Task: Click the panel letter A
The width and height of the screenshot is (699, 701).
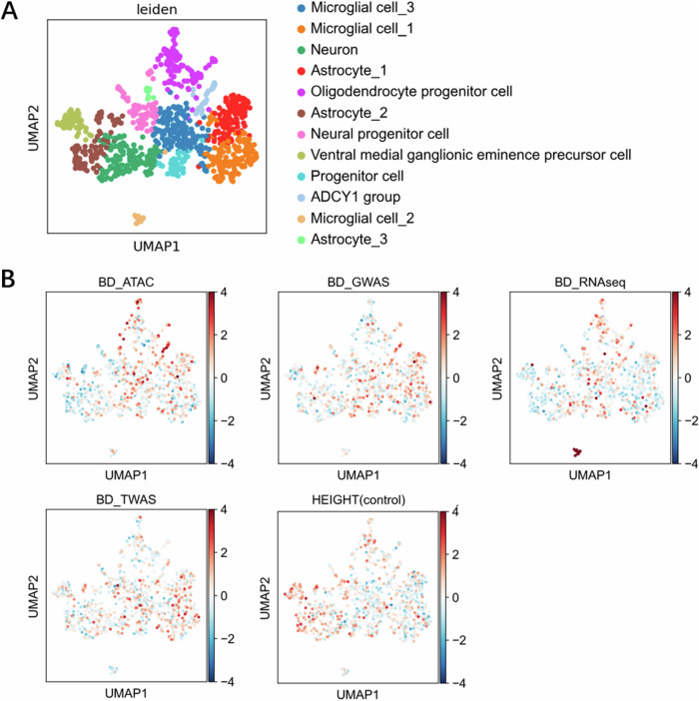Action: tap(13, 13)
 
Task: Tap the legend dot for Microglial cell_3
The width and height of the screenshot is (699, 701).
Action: tap(304, 12)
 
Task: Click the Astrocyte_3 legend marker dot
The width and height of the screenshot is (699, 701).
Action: tap(304, 240)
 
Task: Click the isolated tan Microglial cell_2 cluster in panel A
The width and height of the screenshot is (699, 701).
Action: tap(138, 219)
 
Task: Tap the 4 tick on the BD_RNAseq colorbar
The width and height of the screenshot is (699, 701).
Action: tap(678, 293)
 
